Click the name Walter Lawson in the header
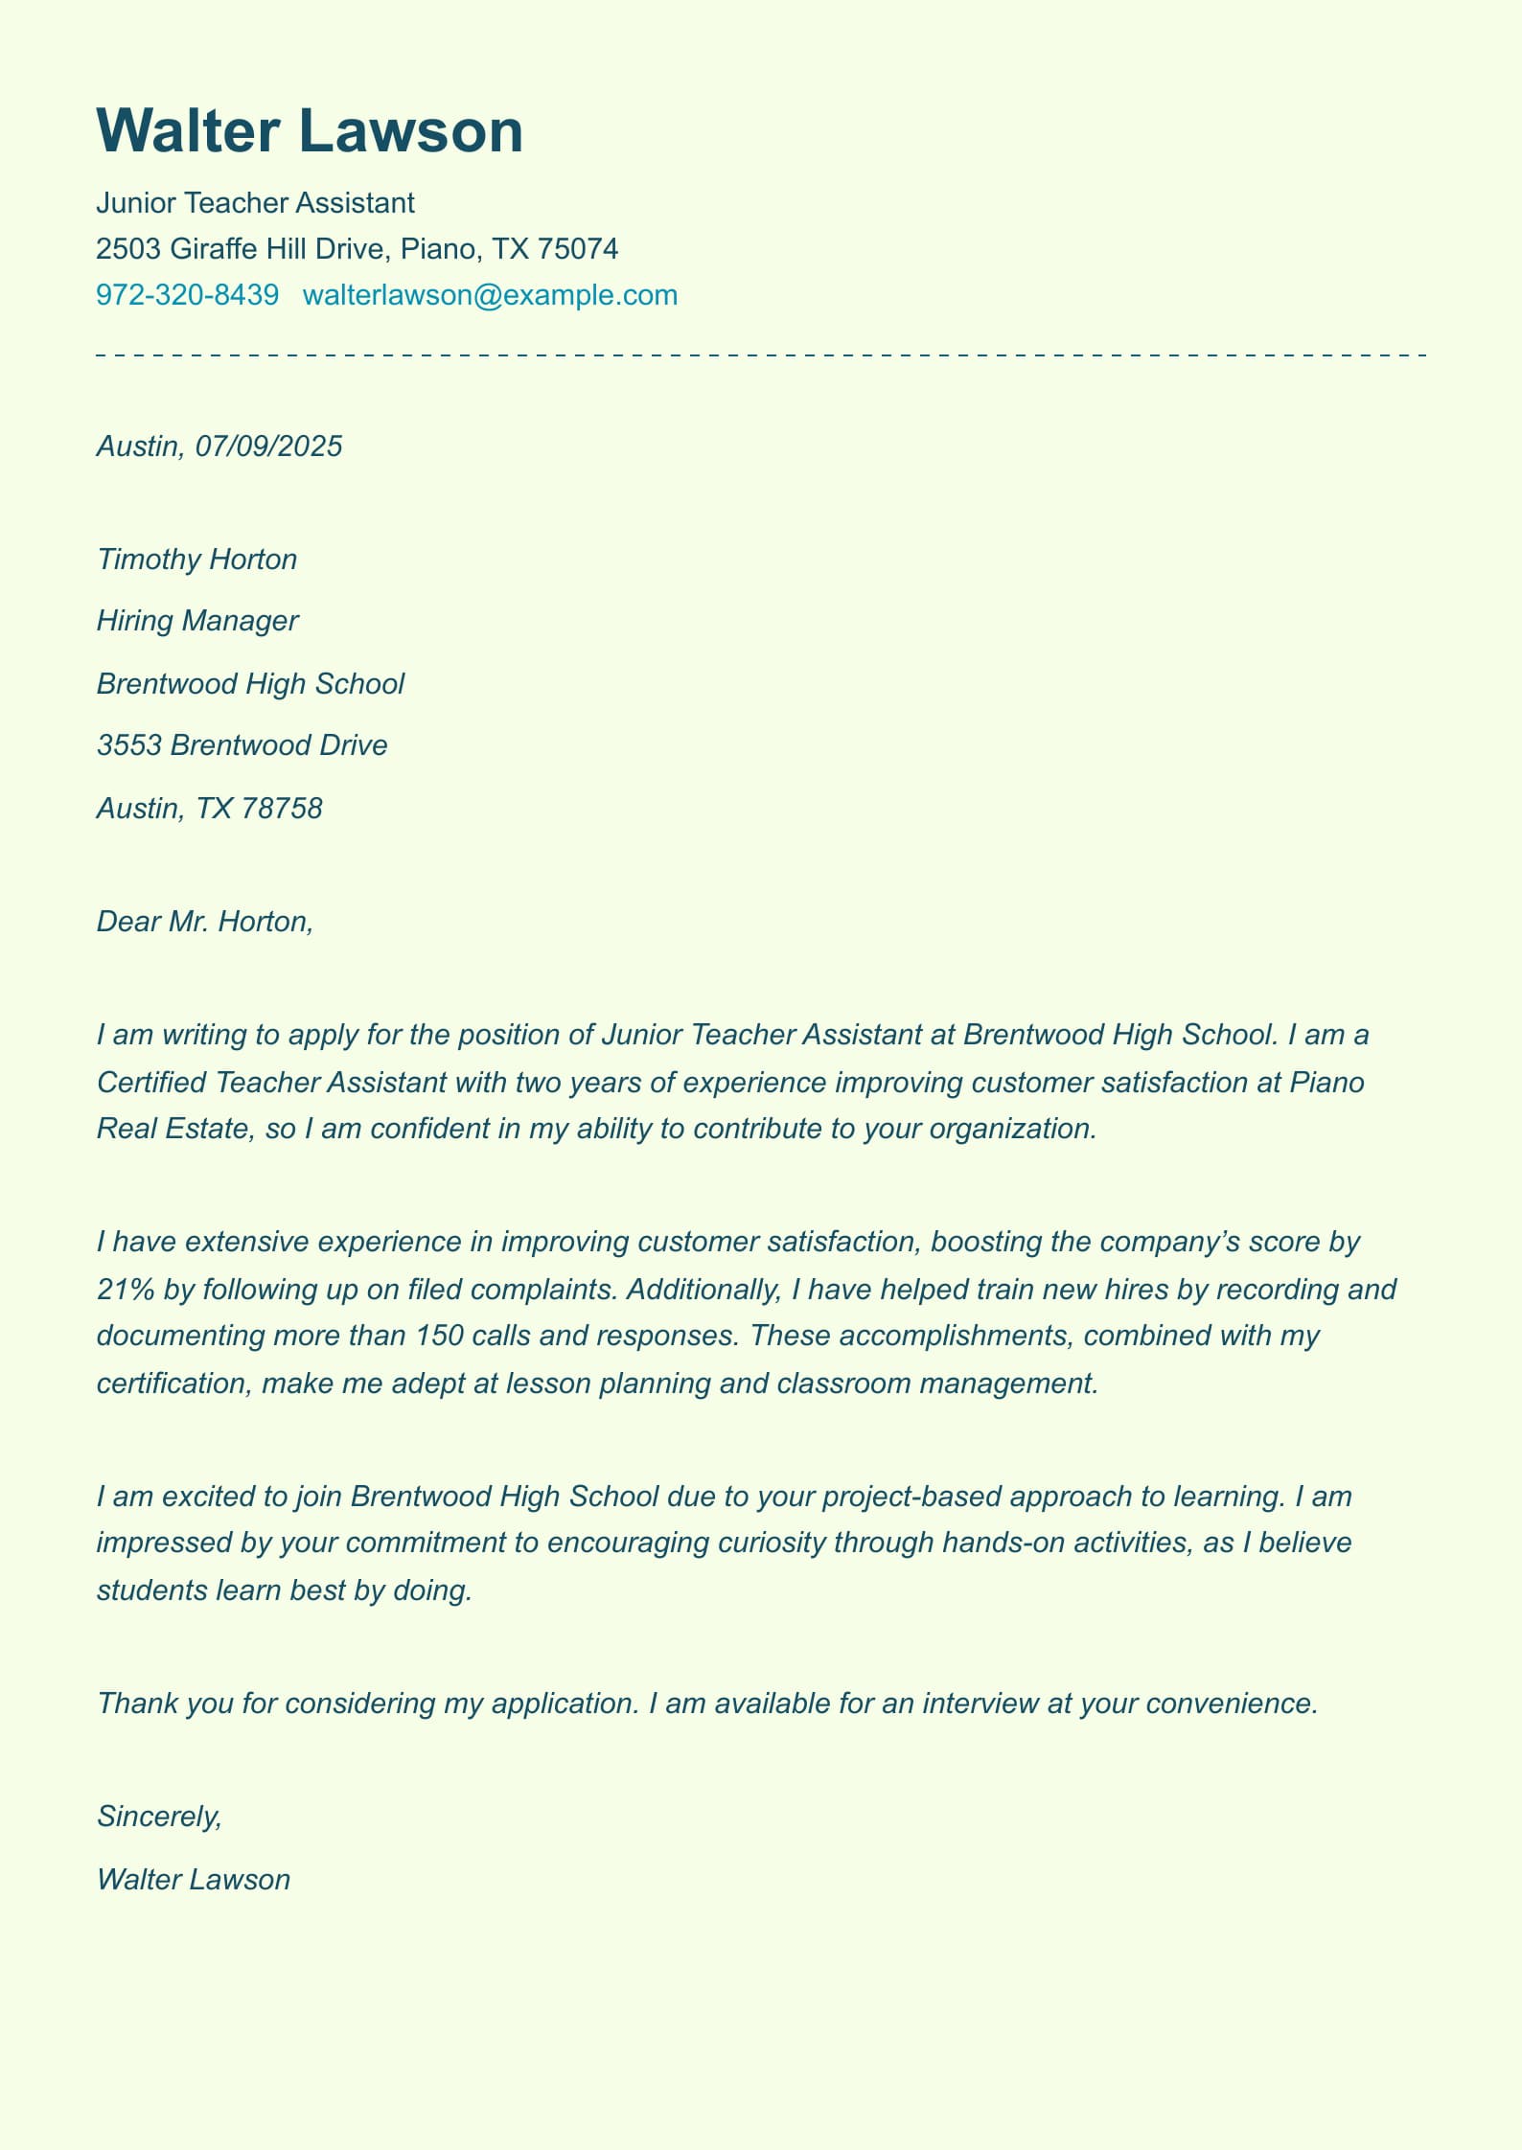pos(310,131)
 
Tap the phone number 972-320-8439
pos(187,295)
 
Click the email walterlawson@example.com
pos(490,295)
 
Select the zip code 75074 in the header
pos(578,249)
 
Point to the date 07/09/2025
pos(268,446)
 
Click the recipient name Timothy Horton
pos(196,560)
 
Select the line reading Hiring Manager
pos(197,621)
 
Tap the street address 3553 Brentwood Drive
pos(242,745)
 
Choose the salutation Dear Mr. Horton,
pos(205,922)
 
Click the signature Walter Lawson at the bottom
pos(194,1880)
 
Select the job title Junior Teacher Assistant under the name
pos(255,203)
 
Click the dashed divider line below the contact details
pos(761,355)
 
